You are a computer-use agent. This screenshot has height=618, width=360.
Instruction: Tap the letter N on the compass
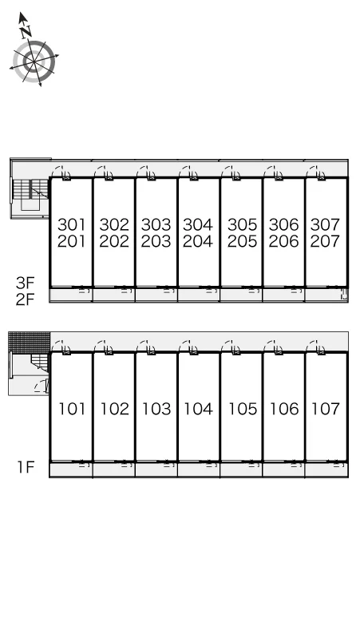coord(26,32)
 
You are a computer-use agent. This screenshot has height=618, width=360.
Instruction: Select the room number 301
coord(71,224)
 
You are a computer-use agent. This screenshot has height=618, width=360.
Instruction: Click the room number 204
coord(198,241)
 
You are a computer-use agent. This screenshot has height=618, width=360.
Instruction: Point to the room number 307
coord(325,224)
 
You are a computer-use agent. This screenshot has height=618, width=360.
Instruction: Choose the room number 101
coord(72,409)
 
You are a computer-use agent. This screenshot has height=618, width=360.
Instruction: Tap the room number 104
coord(199,409)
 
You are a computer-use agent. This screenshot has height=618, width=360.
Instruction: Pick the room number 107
coord(326,409)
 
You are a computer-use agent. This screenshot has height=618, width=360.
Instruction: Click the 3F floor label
coord(26,283)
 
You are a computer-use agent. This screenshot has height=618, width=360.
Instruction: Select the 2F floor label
coord(26,299)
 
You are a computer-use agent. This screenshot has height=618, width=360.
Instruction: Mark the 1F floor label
coord(26,467)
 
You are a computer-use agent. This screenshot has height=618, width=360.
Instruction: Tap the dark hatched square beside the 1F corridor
coord(30,343)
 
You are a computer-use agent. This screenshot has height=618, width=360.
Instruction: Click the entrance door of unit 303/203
coord(147,172)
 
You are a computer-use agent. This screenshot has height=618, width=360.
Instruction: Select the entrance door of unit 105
coord(231,347)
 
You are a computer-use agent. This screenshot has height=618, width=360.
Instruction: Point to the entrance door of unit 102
coord(104,347)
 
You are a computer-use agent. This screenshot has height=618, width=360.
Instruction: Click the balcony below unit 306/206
coord(283,295)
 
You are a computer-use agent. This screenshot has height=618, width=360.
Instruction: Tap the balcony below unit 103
coord(156,469)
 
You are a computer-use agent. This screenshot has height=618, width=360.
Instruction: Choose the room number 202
coord(114,241)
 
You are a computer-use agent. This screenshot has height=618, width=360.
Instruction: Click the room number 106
coord(284,409)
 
